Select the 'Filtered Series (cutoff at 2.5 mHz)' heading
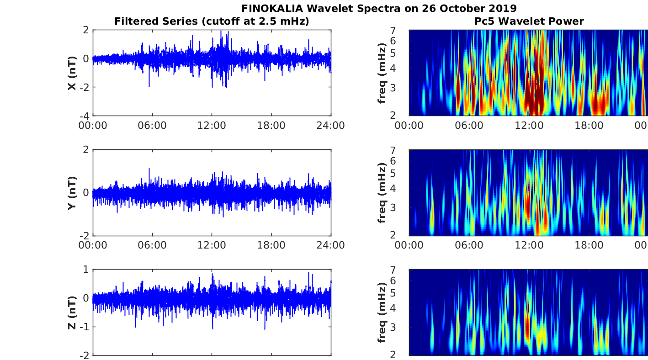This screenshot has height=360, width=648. (212, 21)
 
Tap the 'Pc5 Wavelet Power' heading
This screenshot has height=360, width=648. (529, 21)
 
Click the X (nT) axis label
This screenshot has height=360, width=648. (72, 73)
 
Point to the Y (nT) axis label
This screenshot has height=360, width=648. (72, 192)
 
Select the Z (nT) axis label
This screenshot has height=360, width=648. (72, 312)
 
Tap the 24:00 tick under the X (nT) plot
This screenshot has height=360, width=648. (331, 126)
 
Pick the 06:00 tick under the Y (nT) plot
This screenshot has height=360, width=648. (152, 245)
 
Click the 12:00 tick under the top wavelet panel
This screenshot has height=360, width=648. (529, 126)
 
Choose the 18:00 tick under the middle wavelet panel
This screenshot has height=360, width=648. (589, 245)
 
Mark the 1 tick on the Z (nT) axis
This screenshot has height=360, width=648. (86, 270)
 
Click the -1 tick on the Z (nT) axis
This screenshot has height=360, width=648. (84, 327)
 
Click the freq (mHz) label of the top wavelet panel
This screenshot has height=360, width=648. (382, 73)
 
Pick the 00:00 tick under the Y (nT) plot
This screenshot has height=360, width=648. (93, 245)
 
